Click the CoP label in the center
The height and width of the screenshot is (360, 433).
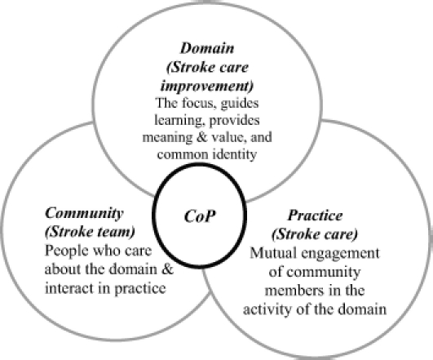click(x=200, y=216)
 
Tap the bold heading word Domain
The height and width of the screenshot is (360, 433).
click(x=207, y=48)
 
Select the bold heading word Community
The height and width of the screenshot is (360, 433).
click(x=84, y=213)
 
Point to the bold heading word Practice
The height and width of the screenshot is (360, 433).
click(x=315, y=216)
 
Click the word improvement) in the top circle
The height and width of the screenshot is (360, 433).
click(x=207, y=86)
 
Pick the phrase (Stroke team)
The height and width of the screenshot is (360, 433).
click(x=90, y=232)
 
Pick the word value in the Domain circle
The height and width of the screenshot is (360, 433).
click(x=228, y=137)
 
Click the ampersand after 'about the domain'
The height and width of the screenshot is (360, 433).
click(x=167, y=269)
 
